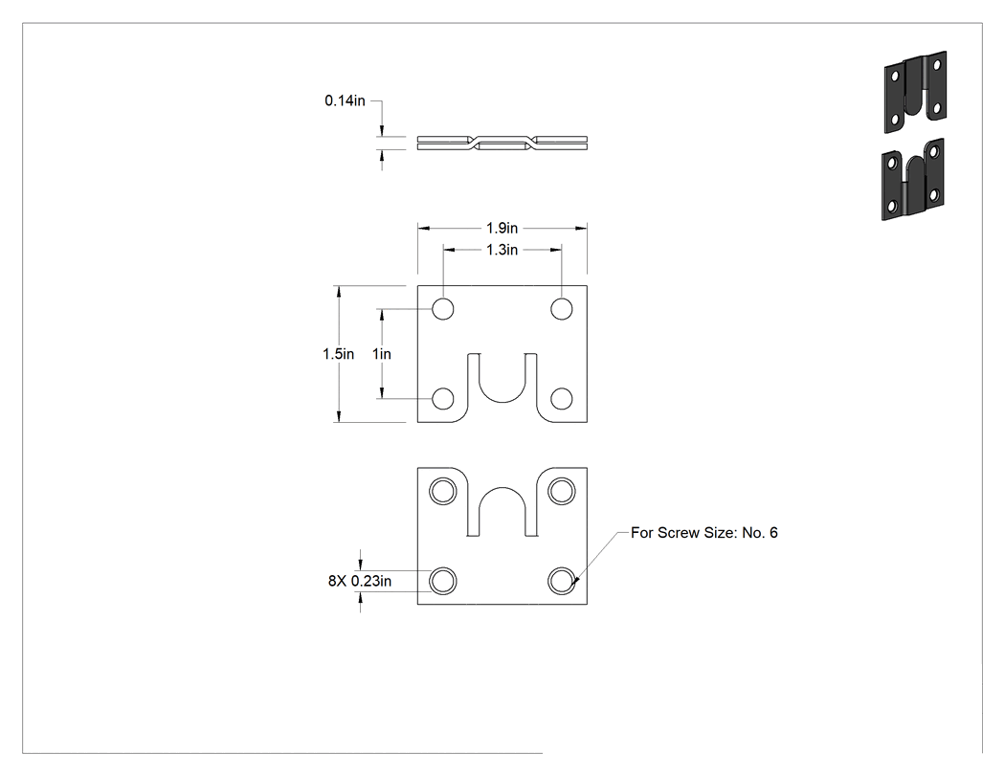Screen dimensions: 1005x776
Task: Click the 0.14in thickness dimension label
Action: coord(345,100)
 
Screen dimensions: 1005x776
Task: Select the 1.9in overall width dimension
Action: coord(502,228)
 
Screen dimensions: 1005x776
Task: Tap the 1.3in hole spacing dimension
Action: coord(502,250)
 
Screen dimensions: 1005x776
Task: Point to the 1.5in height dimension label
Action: coord(338,354)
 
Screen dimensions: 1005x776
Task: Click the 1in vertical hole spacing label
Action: coord(382,354)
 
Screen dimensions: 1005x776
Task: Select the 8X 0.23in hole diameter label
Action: coord(360,581)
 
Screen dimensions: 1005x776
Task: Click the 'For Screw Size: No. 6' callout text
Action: coord(703,533)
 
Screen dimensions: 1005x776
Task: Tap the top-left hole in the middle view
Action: coord(443,309)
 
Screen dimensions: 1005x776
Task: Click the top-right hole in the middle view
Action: coord(562,309)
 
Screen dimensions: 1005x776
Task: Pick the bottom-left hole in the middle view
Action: coord(443,399)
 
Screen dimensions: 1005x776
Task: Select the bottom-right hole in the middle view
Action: coord(562,399)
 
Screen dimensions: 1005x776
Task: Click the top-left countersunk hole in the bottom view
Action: coord(443,492)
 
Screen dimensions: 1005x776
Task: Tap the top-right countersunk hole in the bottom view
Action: coord(562,492)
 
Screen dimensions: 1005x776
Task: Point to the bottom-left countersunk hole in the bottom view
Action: coord(443,581)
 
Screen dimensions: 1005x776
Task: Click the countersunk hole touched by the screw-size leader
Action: coord(562,581)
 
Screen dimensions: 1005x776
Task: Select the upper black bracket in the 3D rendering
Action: coord(915,92)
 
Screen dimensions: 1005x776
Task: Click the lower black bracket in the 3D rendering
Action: coord(913,180)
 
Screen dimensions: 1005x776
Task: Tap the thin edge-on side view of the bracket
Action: coord(502,144)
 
